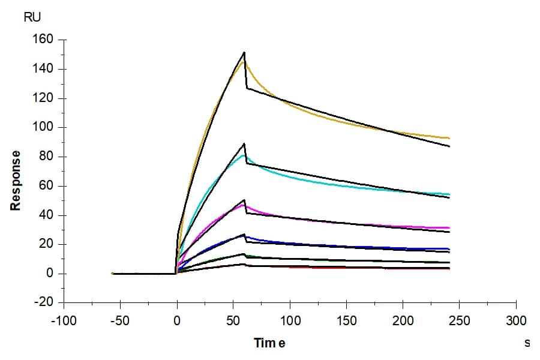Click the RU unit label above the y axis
(32, 17)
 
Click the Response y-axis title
(16, 181)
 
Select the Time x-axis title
(269, 343)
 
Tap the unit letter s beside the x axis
(527, 343)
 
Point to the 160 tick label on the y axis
(43, 39)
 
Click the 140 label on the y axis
(43, 69)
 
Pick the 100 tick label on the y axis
(43, 127)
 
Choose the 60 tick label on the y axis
(46, 185)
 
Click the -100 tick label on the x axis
(64, 321)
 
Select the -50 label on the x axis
(120, 321)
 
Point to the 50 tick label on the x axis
(233, 321)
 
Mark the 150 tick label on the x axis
(346, 321)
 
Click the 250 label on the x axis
(460, 321)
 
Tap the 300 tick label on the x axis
(516, 321)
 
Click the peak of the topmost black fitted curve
(244, 52)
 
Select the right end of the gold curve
(449, 138)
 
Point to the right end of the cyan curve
(449, 194)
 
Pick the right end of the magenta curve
(449, 228)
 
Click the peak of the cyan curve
(243, 155)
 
